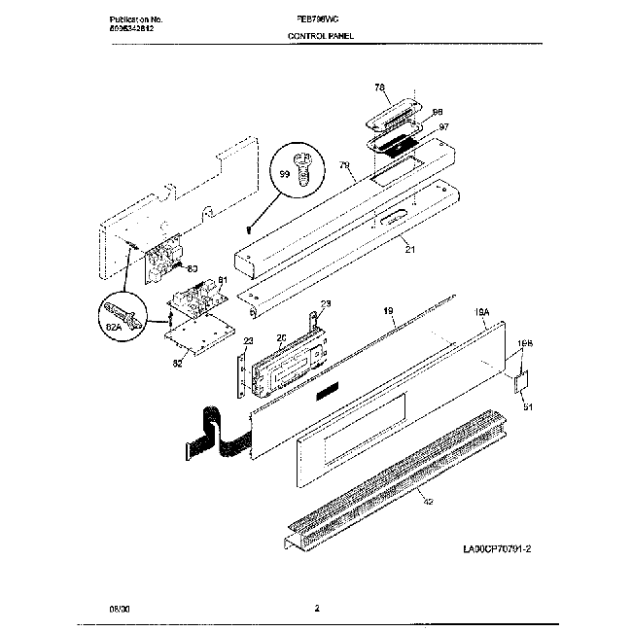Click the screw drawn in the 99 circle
[303, 172]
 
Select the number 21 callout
[409, 251]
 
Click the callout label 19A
[480, 312]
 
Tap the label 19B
[525, 343]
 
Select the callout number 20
[281, 338]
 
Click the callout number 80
[192, 268]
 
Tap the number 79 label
[343, 166]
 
